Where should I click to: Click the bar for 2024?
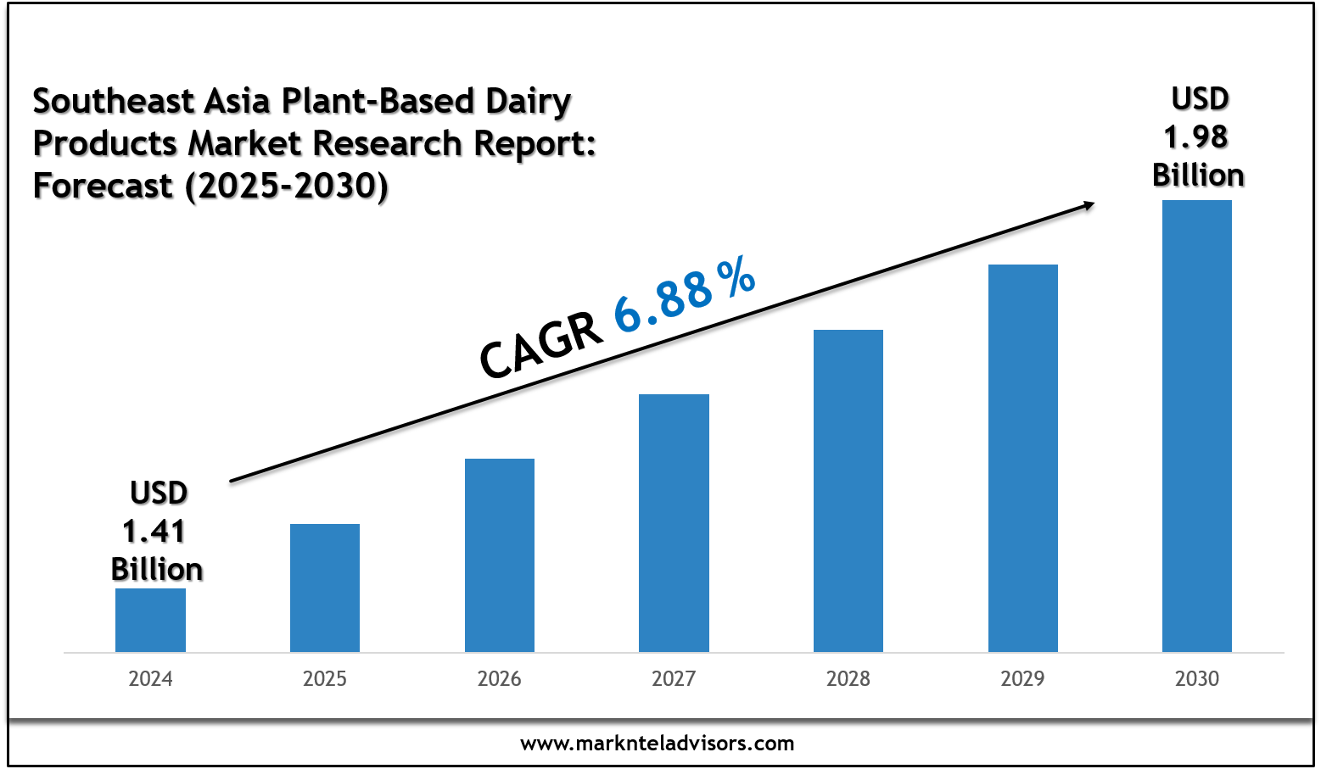(x=150, y=620)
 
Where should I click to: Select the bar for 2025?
(x=325, y=588)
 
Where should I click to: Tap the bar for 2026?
(x=500, y=555)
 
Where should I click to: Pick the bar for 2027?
(x=674, y=523)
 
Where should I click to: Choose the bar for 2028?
(x=848, y=491)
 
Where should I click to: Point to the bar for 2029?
(x=1023, y=458)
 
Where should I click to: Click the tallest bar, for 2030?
(x=1197, y=426)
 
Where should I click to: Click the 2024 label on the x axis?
(x=150, y=679)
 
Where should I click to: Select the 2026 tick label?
(x=500, y=679)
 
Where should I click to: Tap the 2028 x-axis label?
(x=848, y=679)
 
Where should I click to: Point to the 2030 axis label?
(x=1197, y=679)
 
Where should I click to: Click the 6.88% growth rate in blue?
(x=684, y=293)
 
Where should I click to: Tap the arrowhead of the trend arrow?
(x=1086, y=203)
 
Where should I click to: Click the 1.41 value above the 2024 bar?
(x=154, y=532)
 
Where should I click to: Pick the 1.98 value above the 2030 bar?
(x=1195, y=137)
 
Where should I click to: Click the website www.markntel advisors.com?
(x=658, y=744)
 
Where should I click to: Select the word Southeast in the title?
(x=115, y=102)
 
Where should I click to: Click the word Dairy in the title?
(x=528, y=102)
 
